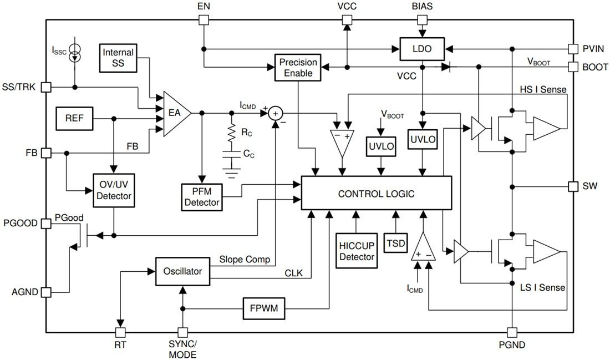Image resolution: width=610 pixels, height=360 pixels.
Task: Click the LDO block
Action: click(423, 49)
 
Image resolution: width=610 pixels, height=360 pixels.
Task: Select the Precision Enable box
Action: click(298, 68)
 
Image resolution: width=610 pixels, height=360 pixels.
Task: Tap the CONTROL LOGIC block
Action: click(376, 193)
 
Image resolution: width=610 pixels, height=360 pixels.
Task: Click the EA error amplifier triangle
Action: click(174, 113)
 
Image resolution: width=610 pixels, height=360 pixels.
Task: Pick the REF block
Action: click(74, 118)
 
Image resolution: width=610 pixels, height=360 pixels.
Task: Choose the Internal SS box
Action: click(118, 58)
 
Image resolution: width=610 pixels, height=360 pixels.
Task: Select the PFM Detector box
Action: click(201, 196)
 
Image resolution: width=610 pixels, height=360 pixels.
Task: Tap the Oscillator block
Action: click(182, 271)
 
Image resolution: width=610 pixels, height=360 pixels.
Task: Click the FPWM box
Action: click(264, 309)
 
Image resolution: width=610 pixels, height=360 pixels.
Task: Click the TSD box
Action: click(395, 243)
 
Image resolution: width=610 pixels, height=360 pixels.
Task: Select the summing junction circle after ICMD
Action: click(276, 113)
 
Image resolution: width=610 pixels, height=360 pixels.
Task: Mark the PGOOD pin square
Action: click(46, 223)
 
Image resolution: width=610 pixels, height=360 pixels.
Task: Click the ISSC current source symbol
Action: click(75, 54)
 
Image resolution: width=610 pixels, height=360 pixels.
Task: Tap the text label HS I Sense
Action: click(542, 89)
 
